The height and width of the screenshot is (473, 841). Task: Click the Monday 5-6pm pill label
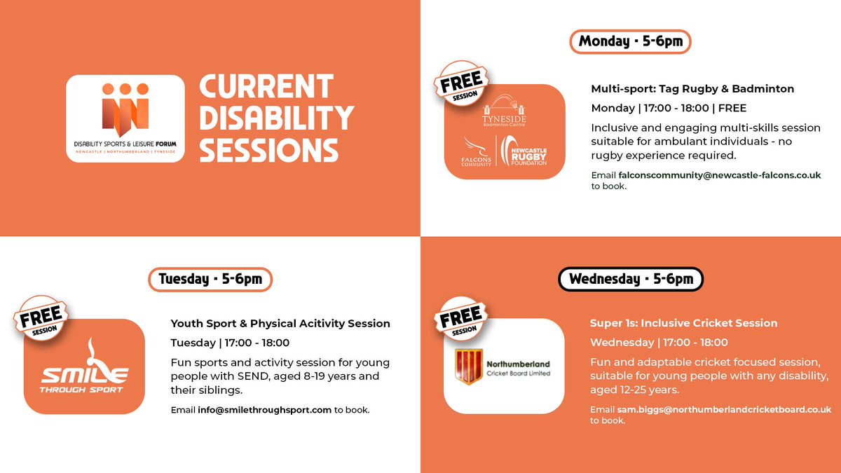pyautogui.click(x=630, y=41)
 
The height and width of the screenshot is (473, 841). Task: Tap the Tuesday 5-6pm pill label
pyautogui.click(x=210, y=279)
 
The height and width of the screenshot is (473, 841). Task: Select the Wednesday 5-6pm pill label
pyautogui.click(x=630, y=279)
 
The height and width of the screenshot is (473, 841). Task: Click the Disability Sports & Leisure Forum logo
pyautogui.click(x=125, y=118)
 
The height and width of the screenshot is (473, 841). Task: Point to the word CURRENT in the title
pyautogui.click(x=266, y=87)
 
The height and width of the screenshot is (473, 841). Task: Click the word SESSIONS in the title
pyautogui.click(x=269, y=150)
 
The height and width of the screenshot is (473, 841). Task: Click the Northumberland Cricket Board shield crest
pyautogui.click(x=469, y=366)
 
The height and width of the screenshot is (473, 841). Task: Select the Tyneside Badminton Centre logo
pyautogui.click(x=505, y=111)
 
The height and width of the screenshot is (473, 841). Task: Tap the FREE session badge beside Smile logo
pyautogui.click(x=40, y=318)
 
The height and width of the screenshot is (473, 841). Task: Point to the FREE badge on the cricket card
pyautogui.click(x=460, y=318)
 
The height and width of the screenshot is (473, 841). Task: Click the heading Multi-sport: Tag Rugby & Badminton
pyautogui.click(x=692, y=89)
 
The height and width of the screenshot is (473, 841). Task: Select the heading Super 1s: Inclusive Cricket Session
pyautogui.click(x=683, y=323)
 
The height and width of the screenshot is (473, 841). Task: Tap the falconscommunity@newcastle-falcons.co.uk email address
pyautogui.click(x=719, y=175)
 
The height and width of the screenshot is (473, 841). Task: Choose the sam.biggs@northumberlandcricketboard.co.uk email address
pyautogui.click(x=724, y=409)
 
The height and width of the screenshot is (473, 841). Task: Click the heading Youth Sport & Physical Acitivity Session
pyautogui.click(x=280, y=323)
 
